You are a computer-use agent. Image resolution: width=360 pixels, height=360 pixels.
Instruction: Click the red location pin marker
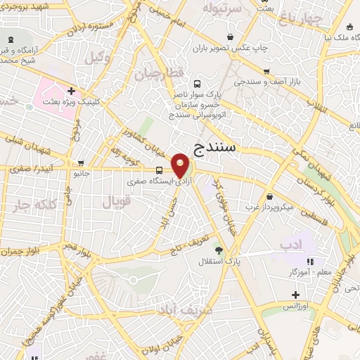[181, 165]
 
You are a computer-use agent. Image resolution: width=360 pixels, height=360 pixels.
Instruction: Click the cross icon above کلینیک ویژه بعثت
[71, 91]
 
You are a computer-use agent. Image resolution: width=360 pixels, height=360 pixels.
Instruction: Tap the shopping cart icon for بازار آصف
[266, 71]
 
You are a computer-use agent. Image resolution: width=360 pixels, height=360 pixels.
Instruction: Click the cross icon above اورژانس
[295, 295]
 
